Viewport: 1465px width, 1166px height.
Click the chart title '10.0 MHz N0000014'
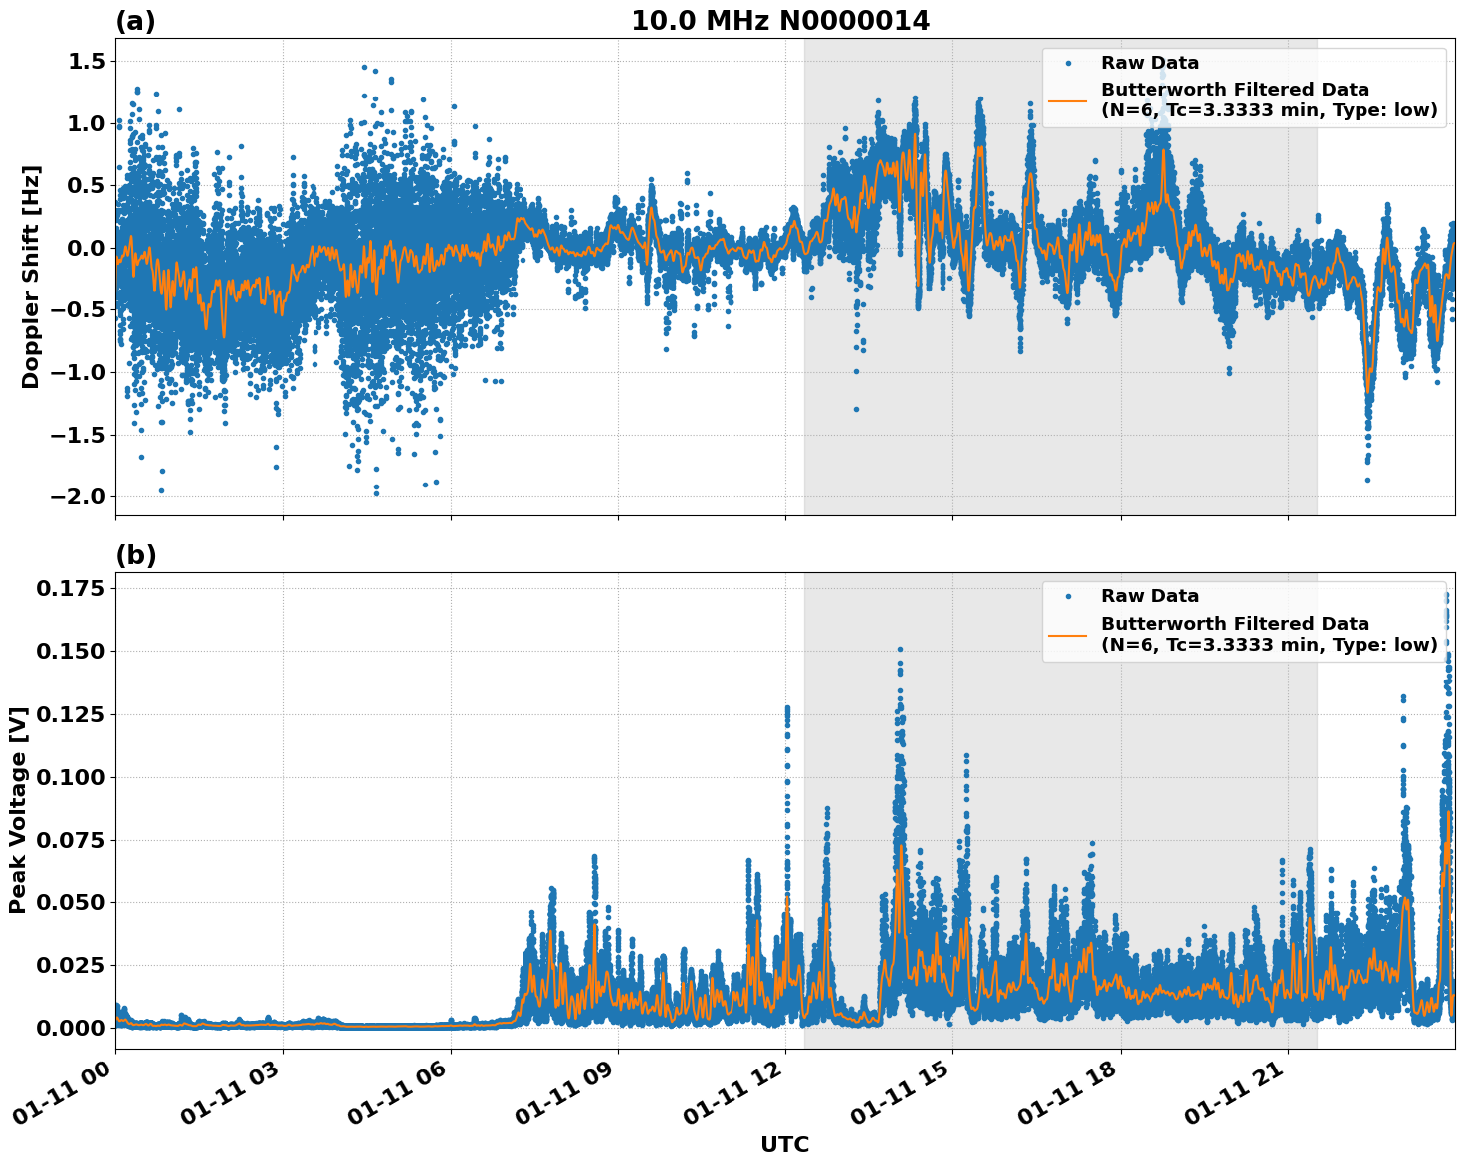pos(780,21)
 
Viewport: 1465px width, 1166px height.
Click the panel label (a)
pos(135,21)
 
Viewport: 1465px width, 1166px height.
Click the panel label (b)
pos(135,555)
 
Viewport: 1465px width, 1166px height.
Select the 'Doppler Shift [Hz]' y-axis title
pos(31,277)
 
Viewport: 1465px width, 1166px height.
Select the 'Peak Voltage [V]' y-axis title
pos(17,810)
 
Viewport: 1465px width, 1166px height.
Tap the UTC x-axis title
pos(784,1145)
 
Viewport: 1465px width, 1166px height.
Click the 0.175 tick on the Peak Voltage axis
pos(70,589)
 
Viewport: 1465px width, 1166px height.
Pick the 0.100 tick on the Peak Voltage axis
pos(70,777)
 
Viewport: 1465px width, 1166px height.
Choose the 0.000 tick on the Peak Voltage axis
pos(70,1028)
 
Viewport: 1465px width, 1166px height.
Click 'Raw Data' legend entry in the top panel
pos(1150,63)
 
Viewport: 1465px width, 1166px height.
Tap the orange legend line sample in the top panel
pos(1067,100)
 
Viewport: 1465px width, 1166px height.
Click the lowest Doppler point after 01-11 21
pos(1367,480)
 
